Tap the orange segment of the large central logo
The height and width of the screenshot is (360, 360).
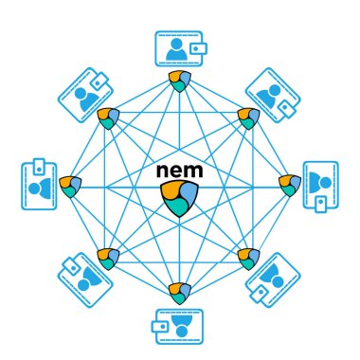point(171,192)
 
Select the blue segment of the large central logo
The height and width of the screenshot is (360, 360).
point(189,194)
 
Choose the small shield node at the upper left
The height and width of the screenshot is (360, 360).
point(108,117)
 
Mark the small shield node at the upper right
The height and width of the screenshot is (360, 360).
point(249,117)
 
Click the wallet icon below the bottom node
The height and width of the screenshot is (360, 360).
point(179,325)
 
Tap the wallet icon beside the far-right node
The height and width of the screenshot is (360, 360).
point(320,185)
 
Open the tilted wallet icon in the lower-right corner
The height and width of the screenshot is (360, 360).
point(273,280)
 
